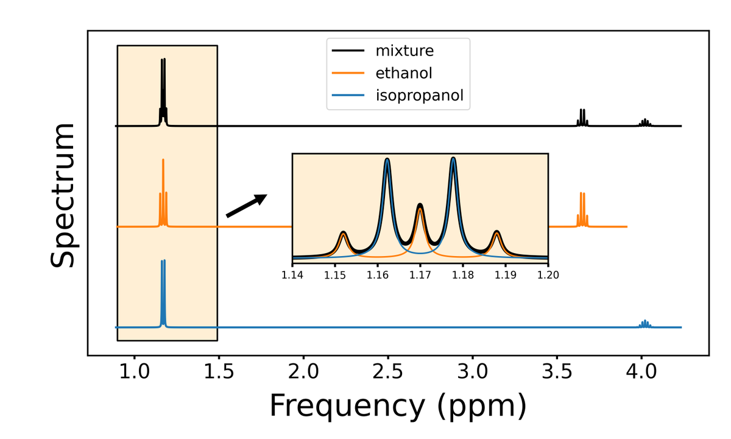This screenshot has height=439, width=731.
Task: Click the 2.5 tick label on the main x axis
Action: tap(387, 371)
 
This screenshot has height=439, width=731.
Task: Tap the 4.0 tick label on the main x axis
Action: tap(641, 371)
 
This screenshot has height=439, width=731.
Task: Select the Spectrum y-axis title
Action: tap(63, 195)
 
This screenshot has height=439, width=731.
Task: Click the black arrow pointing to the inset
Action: tap(246, 205)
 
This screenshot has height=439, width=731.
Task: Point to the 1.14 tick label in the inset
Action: tap(292, 274)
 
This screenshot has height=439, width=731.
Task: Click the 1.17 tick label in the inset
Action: tap(420, 274)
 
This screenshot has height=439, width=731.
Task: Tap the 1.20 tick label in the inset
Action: tap(548, 274)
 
